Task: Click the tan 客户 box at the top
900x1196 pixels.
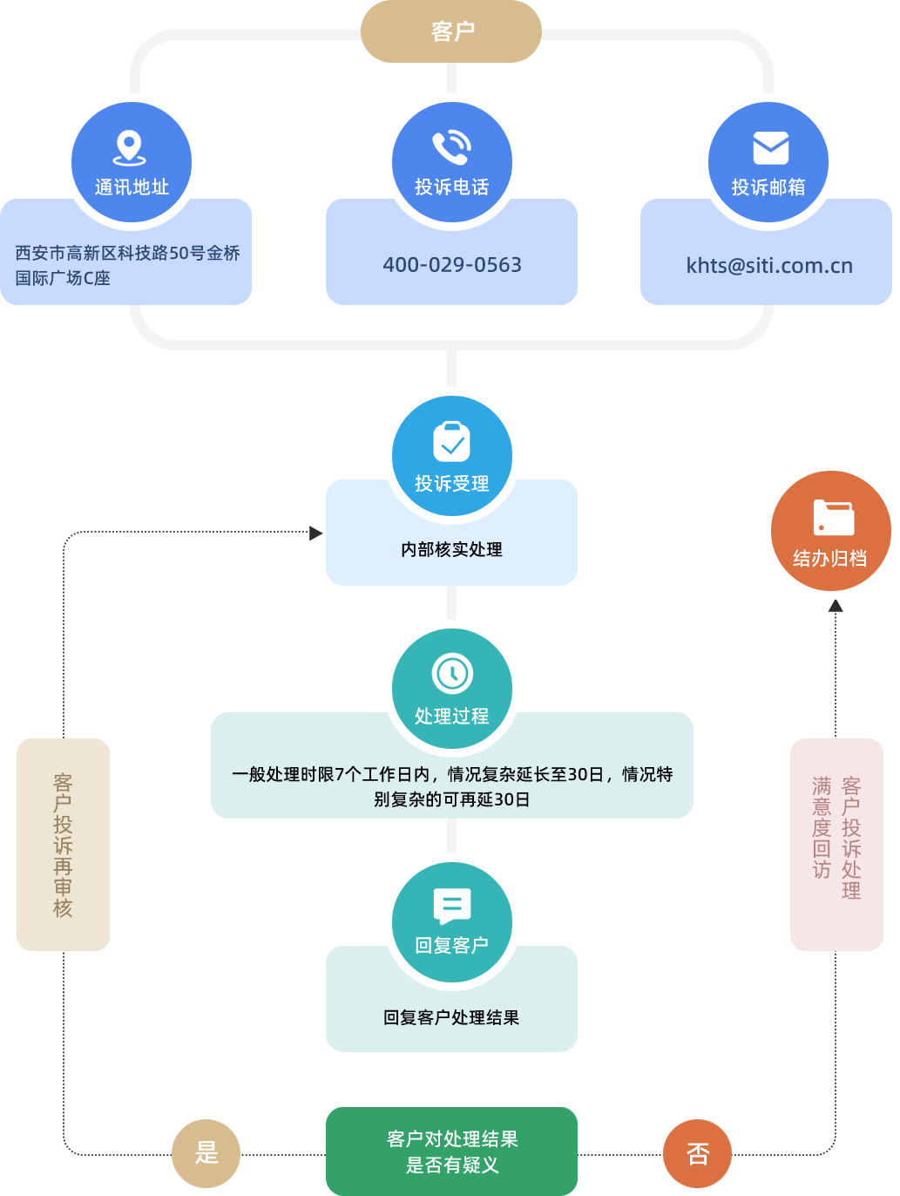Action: click(451, 31)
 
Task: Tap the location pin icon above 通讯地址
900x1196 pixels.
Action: click(130, 147)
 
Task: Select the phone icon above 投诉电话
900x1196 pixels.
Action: click(451, 147)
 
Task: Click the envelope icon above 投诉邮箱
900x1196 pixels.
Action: click(770, 148)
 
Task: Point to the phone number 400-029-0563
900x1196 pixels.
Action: click(451, 265)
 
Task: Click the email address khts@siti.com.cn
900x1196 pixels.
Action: click(768, 266)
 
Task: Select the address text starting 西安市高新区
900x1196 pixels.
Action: click(127, 265)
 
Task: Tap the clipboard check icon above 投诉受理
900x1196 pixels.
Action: click(451, 442)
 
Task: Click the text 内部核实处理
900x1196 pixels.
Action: click(451, 550)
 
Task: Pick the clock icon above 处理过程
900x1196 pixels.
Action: click(451, 673)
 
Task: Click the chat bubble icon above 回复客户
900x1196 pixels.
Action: click(451, 906)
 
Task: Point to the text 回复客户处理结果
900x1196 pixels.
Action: click(451, 1018)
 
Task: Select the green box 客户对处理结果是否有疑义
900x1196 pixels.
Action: click(451, 1152)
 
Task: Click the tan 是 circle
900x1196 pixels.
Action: click(206, 1153)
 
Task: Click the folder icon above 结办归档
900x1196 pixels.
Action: click(833, 517)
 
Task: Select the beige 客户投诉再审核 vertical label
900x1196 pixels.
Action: click(63, 845)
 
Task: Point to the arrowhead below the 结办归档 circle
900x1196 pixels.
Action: click(836, 606)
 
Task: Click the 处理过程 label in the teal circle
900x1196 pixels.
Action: click(451, 717)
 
